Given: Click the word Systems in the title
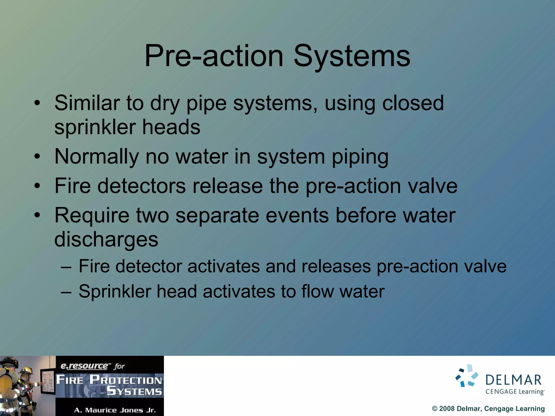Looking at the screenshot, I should click(352, 56).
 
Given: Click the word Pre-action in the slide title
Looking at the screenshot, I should click(214, 56).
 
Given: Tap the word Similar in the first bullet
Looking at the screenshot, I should click(87, 103).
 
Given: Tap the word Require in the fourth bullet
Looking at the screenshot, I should click(92, 215).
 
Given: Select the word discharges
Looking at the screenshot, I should click(106, 239).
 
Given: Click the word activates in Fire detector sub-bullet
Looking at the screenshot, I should click(224, 266).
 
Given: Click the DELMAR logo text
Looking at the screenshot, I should click(513, 380).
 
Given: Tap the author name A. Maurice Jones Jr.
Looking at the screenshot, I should click(115, 410).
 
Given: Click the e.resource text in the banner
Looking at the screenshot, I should click(84, 366).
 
